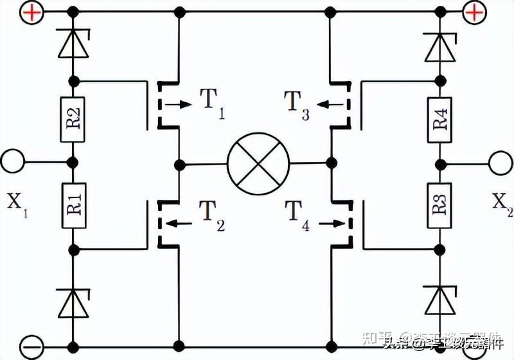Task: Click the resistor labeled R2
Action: click(x=73, y=120)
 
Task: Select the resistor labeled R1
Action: click(x=73, y=205)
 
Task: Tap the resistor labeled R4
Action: click(x=441, y=120)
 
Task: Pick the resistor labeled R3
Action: click(x=441, y=205)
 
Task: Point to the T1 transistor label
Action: click(x=211, y=103)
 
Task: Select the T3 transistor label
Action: click(x=297, y=103)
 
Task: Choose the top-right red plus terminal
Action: click(x=474, y=12)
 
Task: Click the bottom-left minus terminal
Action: click(x=30, y=346)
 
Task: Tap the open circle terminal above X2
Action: click(x=501, y=161)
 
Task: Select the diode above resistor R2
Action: click(x=73, y=44)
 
